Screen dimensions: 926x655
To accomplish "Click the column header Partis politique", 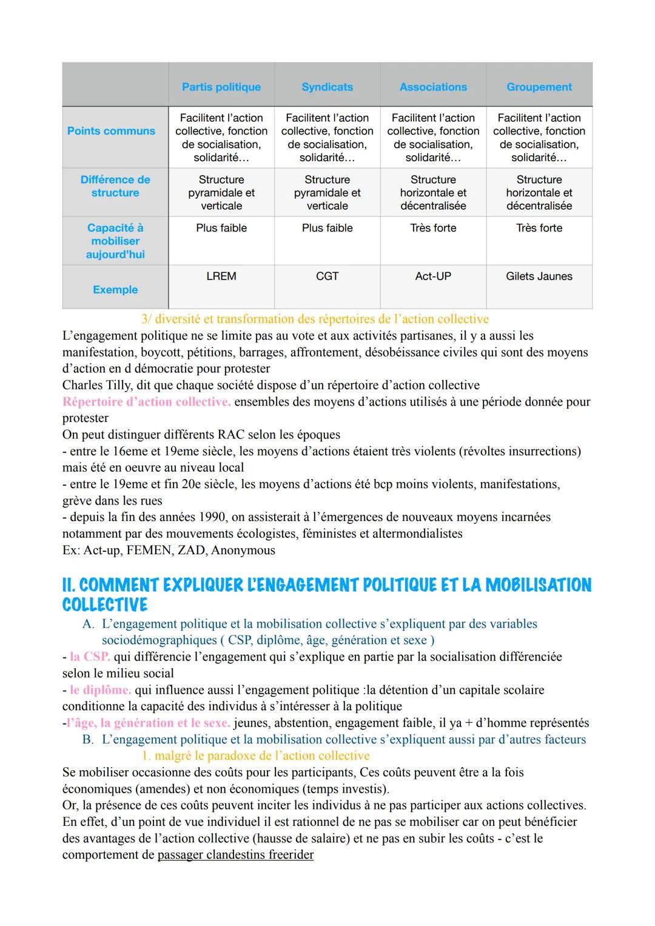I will [221, 87].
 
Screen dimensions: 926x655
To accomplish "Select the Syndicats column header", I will [327, 87].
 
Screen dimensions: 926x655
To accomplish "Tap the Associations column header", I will [433, 87].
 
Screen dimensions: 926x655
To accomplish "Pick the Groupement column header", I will [539, 87].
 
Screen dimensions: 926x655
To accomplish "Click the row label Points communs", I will [111, 131].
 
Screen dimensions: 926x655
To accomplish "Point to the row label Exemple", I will [115, 290].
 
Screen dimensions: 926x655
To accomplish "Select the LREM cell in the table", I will [221, 277].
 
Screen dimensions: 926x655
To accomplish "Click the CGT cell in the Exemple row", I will [327, 277].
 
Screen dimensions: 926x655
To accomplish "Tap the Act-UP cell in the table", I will [433, 277].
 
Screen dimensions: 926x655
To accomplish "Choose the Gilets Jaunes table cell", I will [539, 277].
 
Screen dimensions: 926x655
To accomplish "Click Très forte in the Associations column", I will [433, 228].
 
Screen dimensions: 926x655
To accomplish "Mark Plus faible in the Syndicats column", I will [327, 228].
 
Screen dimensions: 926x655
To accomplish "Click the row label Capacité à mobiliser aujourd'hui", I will [115, 241].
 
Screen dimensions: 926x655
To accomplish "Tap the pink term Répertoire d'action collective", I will [146, 402].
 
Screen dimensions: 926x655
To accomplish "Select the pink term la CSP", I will [90, 657].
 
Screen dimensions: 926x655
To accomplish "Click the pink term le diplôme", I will [100, 690].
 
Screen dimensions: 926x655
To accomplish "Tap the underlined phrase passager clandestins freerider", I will [235, 855].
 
